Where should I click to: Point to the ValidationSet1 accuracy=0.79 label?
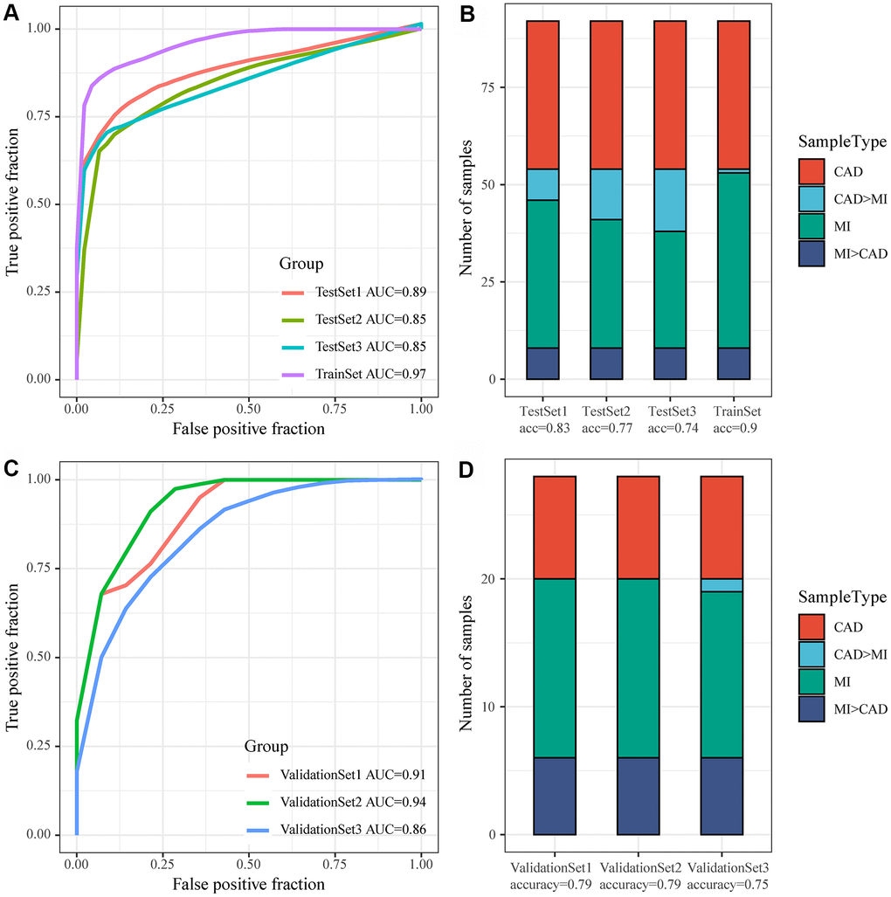point(554,874)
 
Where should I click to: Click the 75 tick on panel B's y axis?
point(492,87)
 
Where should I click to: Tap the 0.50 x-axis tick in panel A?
point(249,407)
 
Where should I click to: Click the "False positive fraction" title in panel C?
point(249,884)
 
